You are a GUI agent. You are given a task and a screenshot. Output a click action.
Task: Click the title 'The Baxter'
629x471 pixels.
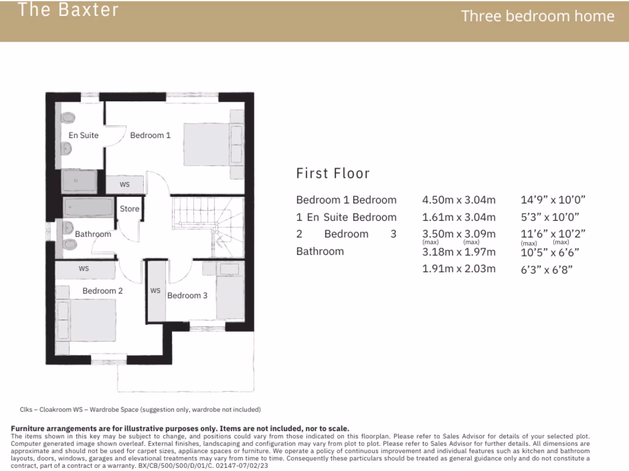(68, 10)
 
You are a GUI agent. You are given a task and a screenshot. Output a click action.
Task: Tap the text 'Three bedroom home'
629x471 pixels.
(537, 17)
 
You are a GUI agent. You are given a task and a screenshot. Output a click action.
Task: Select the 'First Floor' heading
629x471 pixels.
(333, 174)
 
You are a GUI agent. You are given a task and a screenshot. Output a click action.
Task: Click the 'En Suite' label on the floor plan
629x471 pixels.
(84, 136)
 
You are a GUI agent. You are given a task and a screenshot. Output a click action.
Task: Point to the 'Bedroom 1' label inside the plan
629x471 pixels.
(150, 136)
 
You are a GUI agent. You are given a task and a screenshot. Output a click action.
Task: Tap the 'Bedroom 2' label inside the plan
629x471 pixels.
(103, 291)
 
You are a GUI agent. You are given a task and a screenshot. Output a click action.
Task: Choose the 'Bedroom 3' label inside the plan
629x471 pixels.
(187, 296)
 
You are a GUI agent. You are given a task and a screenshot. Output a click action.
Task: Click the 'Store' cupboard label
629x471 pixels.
(130, 209)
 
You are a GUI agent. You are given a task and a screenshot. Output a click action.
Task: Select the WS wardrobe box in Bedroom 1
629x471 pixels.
(125, 185)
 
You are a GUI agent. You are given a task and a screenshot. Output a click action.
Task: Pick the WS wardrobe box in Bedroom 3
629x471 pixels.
(155, 291)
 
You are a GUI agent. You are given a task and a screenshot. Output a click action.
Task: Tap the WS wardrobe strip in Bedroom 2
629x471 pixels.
(85, 269)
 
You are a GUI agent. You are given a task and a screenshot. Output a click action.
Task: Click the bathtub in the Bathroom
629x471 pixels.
(89, 207)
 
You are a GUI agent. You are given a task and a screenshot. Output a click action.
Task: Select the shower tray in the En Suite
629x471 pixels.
(79, 182)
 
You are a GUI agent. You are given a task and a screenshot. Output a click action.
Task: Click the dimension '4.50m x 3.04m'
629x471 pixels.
(458, 200)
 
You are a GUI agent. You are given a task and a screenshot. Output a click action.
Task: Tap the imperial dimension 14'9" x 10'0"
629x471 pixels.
(553, 200)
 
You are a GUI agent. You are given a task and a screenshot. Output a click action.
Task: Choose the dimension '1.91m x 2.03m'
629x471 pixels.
(458, 269)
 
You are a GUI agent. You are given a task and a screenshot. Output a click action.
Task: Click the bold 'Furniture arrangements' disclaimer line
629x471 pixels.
(180, 429)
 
